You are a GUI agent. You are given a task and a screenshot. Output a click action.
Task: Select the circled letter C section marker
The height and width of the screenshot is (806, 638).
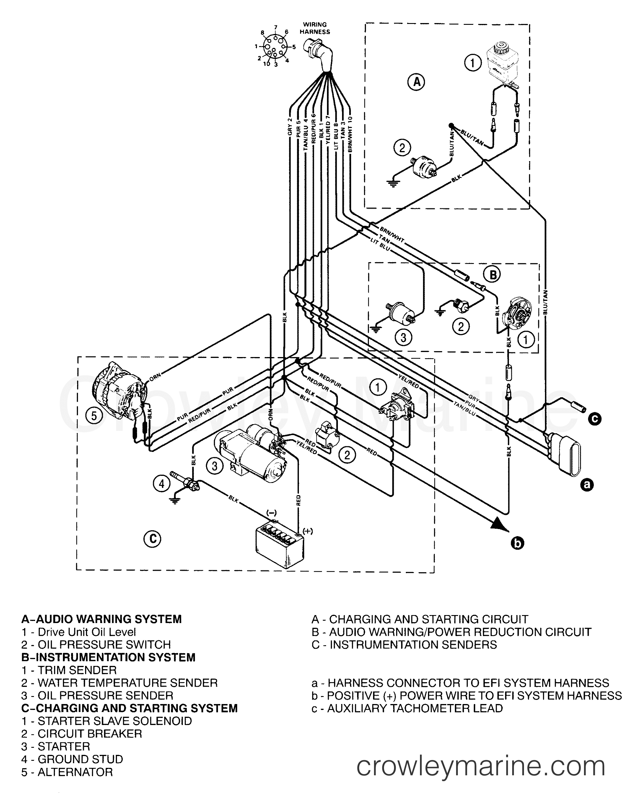tap(152, 539)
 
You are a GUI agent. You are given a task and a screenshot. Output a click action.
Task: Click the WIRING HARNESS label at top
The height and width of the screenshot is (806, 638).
tap(315, 28)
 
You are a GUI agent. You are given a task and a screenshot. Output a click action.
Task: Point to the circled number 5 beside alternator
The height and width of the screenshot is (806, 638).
tap(94, 416)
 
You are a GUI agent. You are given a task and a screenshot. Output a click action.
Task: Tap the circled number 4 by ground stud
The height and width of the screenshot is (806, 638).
tap(161, 484)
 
